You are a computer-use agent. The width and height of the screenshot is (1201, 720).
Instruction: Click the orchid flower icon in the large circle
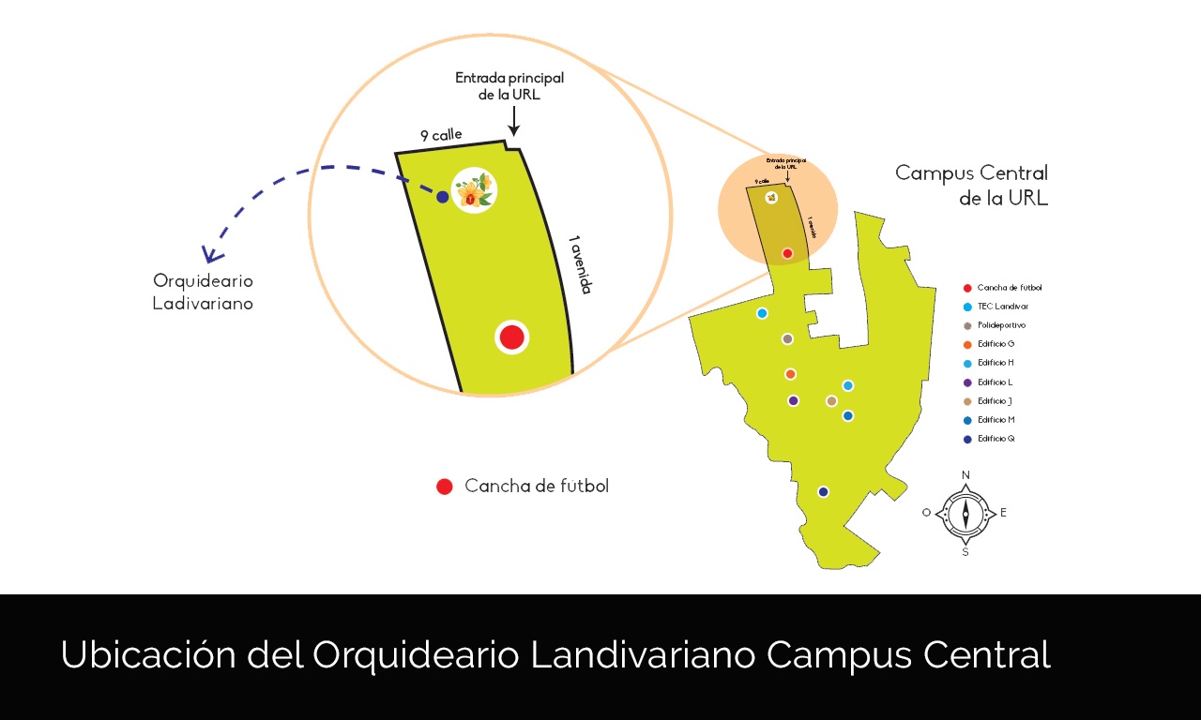pos(474,190)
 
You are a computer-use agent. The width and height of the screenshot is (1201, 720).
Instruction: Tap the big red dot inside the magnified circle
pos(511,337)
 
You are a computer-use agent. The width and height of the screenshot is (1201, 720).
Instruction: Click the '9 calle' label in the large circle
pos(441,136)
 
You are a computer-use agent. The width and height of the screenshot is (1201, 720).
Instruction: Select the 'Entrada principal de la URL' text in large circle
pos(509,86)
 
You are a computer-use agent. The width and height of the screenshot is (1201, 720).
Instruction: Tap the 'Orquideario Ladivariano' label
pos(203,292)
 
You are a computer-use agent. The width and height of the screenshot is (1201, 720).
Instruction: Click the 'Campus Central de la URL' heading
pos(971,186)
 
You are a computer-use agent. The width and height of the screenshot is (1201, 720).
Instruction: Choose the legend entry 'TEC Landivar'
pos(1002,307)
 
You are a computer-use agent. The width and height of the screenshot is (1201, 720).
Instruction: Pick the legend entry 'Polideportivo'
pos(1001,325)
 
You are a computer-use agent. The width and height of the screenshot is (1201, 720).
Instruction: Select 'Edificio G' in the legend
pos(996,344)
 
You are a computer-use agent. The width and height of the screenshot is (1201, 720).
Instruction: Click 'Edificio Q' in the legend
pos(996,439)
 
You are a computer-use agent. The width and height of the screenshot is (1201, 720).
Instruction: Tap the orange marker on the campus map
pos(790,374)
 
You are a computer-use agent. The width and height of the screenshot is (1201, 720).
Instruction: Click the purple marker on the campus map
pos(793,401)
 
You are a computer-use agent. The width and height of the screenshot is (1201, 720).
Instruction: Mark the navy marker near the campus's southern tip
pos(823,492)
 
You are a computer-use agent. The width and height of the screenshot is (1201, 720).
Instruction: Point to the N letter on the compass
pos(965,475)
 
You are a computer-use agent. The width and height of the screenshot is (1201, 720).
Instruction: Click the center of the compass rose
pos(965,514)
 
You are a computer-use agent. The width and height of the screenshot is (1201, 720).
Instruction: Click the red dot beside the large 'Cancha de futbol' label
pos(445,487)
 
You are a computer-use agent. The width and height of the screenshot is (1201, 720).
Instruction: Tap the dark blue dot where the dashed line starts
pos(442,197)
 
